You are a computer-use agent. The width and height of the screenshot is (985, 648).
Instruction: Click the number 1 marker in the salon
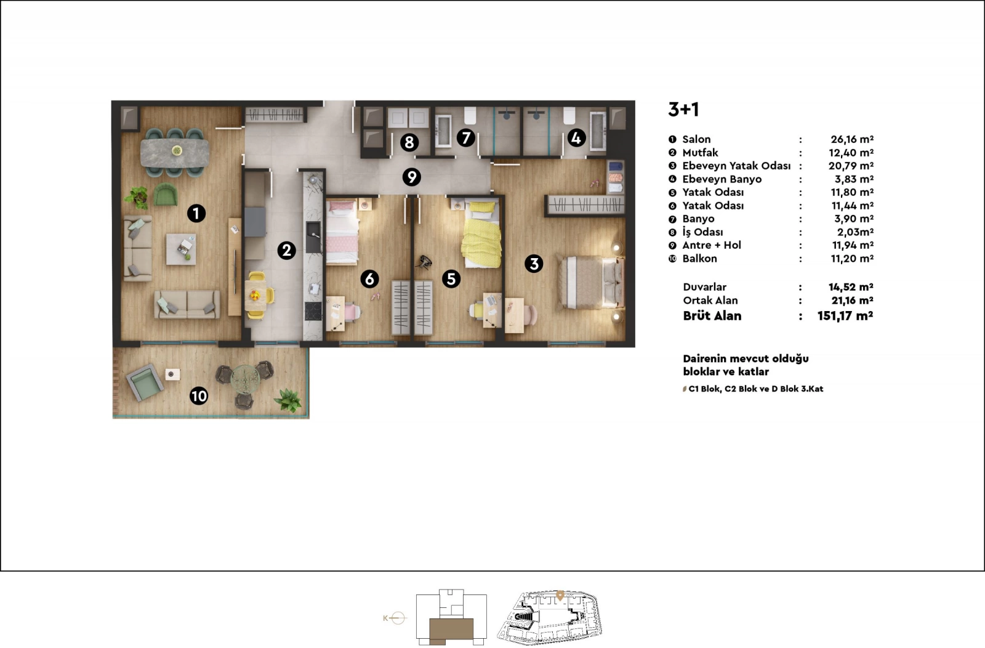pyautogui.click(x=196, y=213)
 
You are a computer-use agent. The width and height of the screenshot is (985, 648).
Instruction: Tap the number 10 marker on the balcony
pyautogui.click(x=199, y=396)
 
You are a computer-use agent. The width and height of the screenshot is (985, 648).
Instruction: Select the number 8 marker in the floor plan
pyautogui.click(x=409, y=142)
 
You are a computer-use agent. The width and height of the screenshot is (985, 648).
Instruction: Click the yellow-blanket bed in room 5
pyautogui.click(x=481, y=235)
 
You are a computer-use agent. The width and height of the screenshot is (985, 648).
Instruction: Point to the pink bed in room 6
pyautogui.click(x=342, y=232)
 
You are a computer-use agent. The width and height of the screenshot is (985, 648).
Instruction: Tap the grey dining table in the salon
pyautogui.click(x=175, y=152)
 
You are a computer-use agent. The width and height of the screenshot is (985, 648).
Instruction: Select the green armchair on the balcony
pyautogui.click(x=145, y=382)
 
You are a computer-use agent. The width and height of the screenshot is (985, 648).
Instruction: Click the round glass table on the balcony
pyautogui.click(x=246, y=379)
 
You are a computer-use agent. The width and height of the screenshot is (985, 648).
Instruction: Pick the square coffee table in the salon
pyautogui.click(x=181, y=249)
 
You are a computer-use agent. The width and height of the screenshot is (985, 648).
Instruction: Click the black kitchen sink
pyautogui.click(x=313, y=237)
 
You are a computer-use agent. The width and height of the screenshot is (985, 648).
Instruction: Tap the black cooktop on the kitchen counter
pyautogui.click(x=313, y=310)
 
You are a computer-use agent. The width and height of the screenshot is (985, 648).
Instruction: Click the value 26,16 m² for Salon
pyautogui.click(x=852, y=139)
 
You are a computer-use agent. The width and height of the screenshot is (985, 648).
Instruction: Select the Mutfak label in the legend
pyautogui.click(x=700, y=153)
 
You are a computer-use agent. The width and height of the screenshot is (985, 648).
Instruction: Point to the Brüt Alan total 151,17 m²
pyautogui.click(x=845, y=316)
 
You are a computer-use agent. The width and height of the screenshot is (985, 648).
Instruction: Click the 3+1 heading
pyautogui.click(x=683, y=109)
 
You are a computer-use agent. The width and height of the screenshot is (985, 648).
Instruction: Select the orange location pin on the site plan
pyautogui.click(x=560, y=596)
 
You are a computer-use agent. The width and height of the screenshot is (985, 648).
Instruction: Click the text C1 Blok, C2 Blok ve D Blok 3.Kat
pyautogui.click(x=755, y=389)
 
